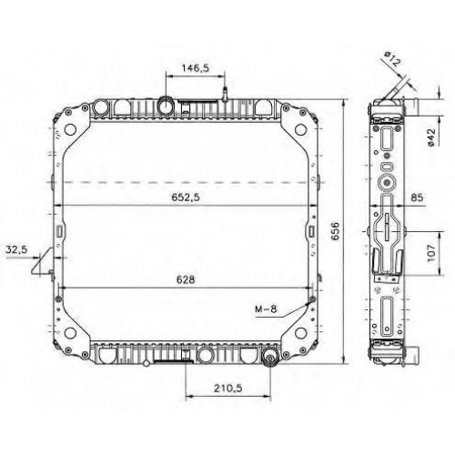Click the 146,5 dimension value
click(196, 68)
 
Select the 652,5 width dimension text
click(186, 197)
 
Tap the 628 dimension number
click(186, 279)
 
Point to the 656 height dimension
click(335, 231)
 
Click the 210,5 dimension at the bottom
click(227, 388)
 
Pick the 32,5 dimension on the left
click(16, 249)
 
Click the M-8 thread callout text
click(266, 309)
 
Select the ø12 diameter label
click(392, 59)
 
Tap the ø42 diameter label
click(431, 137)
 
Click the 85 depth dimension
click(417, 197)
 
